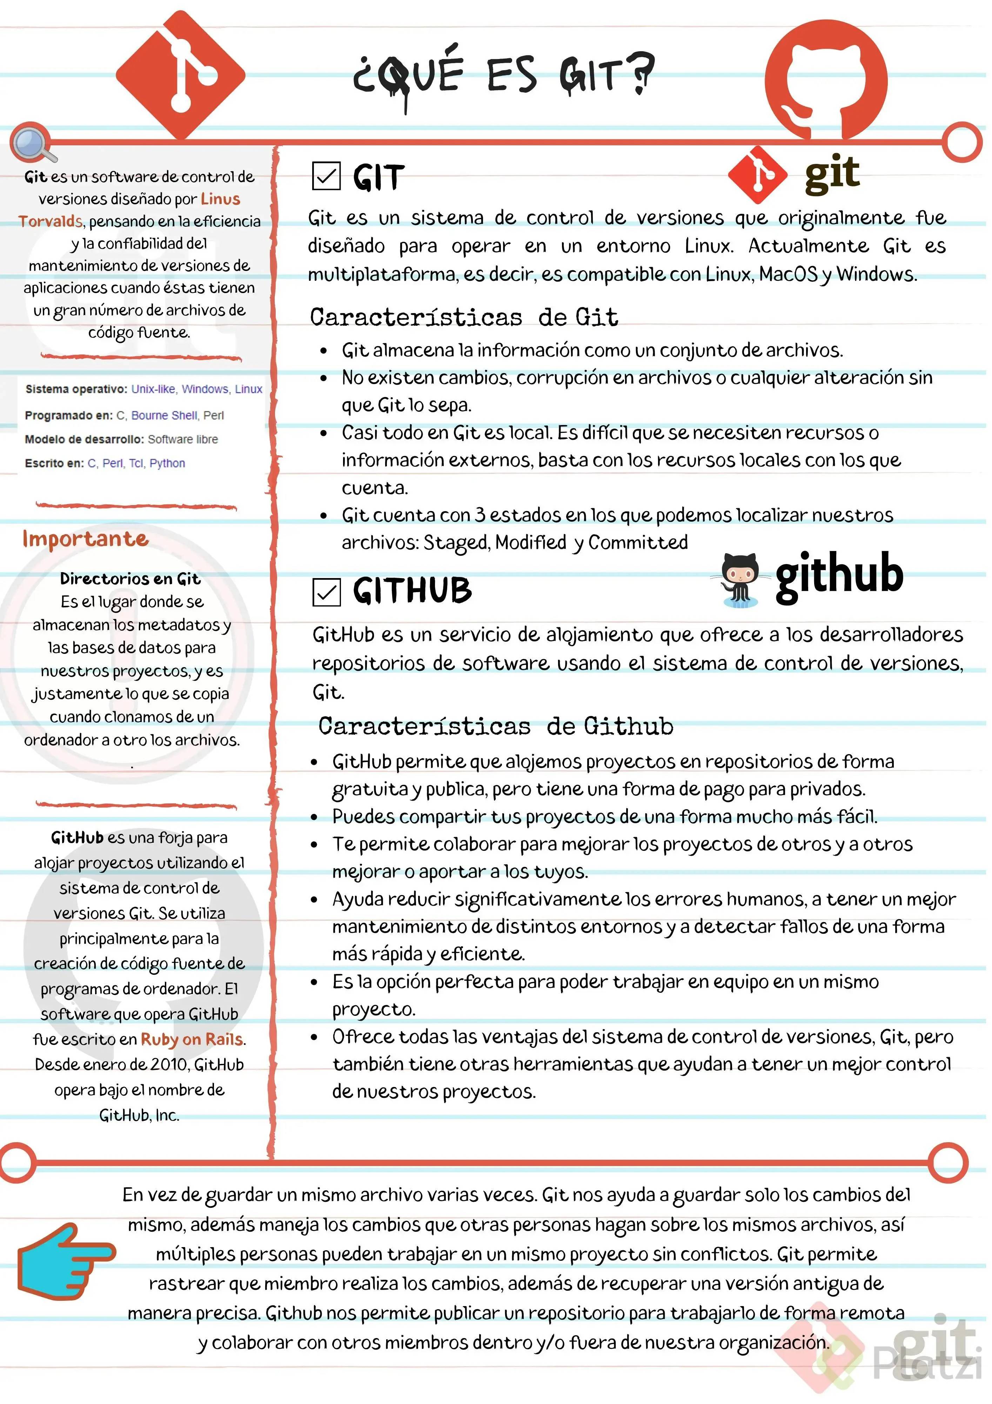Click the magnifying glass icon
tap(32, 144)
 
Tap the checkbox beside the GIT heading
tap(326, 177)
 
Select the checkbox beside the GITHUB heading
tap(326, 592)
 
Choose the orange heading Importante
tap(86, 539)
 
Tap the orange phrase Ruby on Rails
tap(192, 1040)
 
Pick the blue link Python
tap(167, 464)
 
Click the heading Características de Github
tap(495, 727)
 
